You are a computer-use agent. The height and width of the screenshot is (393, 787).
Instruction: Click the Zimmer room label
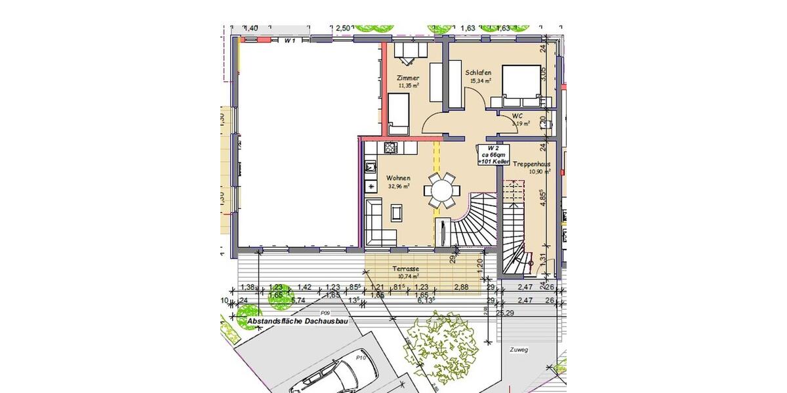[x=408, y=78]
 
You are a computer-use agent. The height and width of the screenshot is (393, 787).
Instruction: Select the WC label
[x=517, y=116]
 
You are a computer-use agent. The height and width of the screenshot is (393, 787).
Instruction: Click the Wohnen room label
[x=398, y=178]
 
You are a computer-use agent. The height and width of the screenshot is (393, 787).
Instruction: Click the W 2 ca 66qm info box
[x=494, y=155]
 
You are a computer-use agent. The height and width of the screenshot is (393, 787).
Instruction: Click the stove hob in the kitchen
[x=392, y=147]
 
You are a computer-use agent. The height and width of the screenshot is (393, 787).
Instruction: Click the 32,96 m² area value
[x=399, y=186]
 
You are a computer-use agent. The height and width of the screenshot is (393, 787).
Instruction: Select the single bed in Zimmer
[x=399, y=111]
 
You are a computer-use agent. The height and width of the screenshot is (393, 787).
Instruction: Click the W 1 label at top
[x=290, y=40]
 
